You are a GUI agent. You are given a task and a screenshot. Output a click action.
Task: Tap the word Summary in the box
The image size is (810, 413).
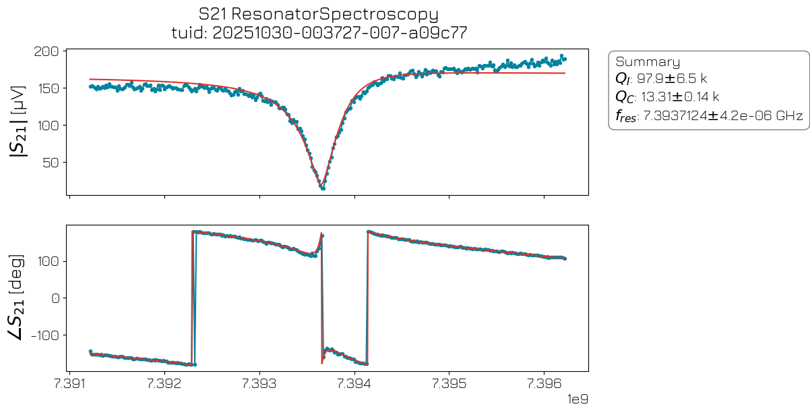[x=648, y=62]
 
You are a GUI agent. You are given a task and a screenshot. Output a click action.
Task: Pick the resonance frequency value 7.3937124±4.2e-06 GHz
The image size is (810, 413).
[x=723, y=116]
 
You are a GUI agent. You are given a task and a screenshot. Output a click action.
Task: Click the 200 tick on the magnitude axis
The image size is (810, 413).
[x=51, y=51]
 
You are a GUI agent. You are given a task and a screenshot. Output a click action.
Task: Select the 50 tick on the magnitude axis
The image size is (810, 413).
[x=54, y=163]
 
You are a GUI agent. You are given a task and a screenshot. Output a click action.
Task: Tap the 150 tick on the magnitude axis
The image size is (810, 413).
[x=51, y=88]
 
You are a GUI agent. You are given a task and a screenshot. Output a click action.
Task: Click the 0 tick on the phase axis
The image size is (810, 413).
[x=57, y=298]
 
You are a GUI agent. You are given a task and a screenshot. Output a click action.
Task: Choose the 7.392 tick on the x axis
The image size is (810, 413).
[x=164, y=383]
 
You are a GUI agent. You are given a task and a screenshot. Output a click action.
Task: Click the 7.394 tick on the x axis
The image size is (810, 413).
[x=355, y=383]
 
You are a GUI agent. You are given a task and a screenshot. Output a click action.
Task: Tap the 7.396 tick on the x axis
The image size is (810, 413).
[x=544, y=383]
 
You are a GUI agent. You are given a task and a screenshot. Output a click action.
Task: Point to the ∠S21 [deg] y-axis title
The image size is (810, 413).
[x=18, y=298]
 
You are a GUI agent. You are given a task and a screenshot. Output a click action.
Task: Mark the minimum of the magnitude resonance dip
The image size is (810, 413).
[x=323, y=188]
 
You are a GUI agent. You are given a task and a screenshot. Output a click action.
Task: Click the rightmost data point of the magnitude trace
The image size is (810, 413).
[x=564, y=59]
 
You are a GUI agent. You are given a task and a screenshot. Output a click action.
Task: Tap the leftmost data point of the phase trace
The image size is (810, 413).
[x=90, y=351]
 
